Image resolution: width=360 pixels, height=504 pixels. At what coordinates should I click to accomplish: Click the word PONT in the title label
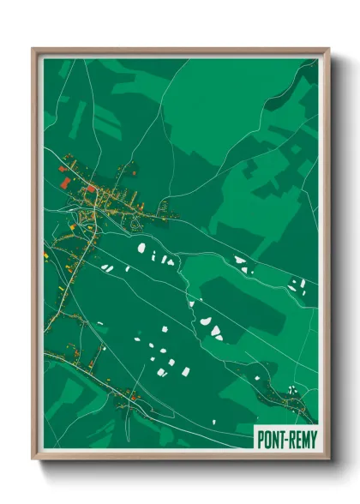(272, 439)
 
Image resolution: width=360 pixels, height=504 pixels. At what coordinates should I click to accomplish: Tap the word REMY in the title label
(301, 439)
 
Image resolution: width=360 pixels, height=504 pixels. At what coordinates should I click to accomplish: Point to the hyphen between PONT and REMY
(286, 439)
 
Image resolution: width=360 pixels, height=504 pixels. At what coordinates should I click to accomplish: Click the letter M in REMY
(304, 439)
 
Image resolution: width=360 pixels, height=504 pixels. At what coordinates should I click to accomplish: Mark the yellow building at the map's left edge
(46, 255)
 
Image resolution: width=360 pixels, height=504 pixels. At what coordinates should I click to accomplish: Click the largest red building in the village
(66, 182)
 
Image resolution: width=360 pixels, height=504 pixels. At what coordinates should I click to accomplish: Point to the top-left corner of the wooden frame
(33, 50)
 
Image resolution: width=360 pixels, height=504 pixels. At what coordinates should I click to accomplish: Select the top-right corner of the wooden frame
(327, 50)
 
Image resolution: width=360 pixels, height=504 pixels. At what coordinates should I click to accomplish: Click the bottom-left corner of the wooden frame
(33, 459)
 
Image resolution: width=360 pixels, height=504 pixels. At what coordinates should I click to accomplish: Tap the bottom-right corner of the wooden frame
(327, 459)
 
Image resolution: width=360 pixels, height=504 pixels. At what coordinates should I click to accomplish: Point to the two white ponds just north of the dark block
(243, 263)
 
